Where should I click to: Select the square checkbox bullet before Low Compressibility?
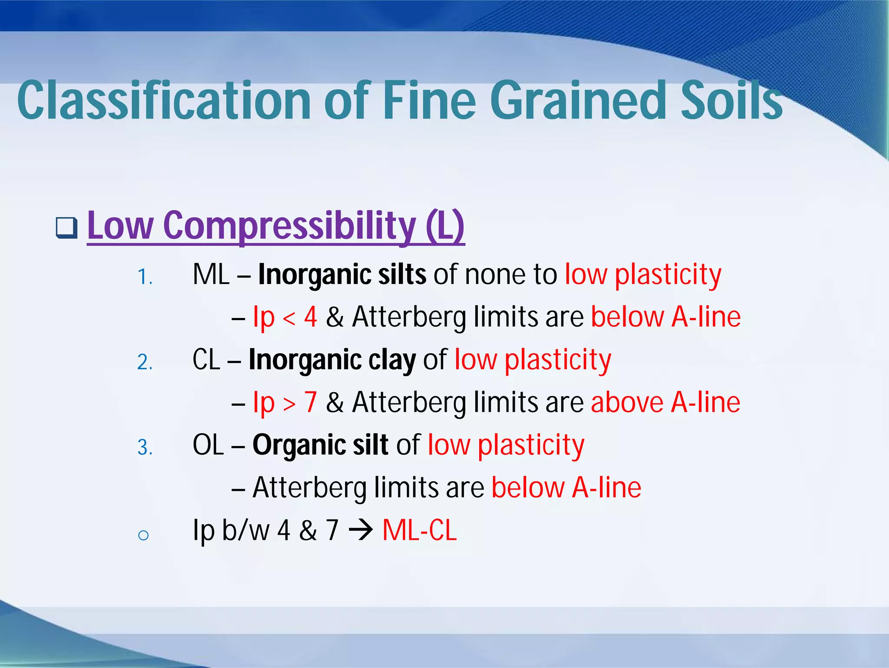[67, 228]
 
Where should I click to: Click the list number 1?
[145, 277]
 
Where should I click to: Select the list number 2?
[145, 362]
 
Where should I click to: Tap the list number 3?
[145, 447]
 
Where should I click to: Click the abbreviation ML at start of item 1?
[211, 274]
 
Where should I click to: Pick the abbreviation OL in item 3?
[208, 445]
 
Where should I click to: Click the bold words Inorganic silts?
[342, 274]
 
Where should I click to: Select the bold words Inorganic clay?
[332, 360]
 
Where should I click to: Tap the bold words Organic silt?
[320, 445]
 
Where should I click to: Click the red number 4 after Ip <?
[310, 317]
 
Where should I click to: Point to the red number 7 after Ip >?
[310, 402]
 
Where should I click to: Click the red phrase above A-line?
[665, 402]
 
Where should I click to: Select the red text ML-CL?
[419, 530]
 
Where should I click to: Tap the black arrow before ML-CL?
[360, 530]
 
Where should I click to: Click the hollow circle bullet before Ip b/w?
[143, 535]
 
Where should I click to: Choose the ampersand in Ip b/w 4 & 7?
[308, 530]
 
